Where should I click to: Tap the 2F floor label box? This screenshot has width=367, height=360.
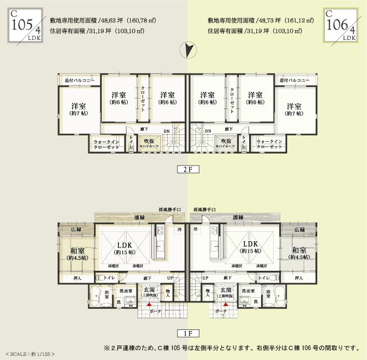[x=184, y=169]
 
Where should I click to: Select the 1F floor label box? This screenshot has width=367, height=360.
[x=184, y=333]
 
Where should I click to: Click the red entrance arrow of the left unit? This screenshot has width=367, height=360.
[x=149, y=305]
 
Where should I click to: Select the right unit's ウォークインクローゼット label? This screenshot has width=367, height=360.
[x=270, y=144]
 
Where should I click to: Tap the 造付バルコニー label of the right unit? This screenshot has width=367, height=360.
[x=294, y=80]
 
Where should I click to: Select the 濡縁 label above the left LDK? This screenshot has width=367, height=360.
[x=139, y=217]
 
